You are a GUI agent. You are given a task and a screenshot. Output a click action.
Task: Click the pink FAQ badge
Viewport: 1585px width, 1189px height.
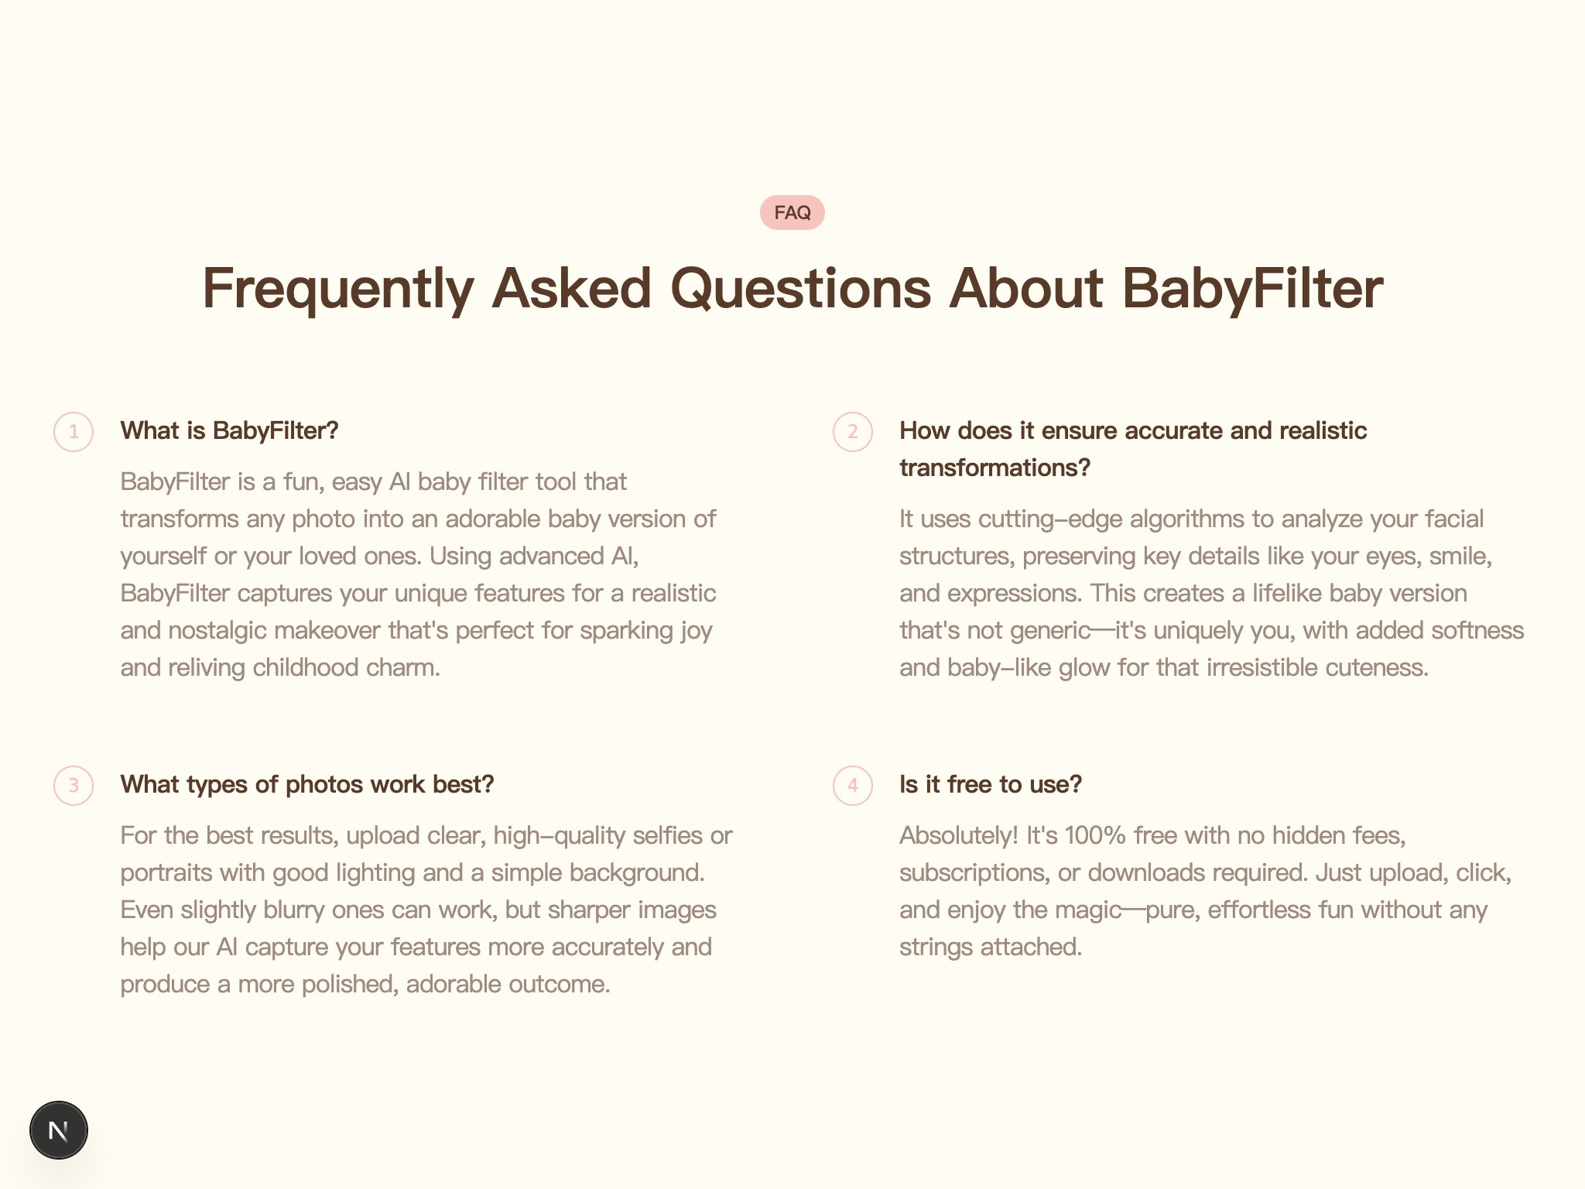(x=792, y=212)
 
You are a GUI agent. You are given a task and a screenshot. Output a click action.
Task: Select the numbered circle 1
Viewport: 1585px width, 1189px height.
(x=74, y=431)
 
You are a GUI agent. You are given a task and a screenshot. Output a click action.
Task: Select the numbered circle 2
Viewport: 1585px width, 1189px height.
(x=853, y=431)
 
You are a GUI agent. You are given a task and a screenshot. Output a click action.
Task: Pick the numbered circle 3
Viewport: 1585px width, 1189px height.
(x=74, y=785)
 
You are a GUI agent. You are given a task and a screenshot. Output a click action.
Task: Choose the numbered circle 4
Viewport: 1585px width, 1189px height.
(x=853, y=785)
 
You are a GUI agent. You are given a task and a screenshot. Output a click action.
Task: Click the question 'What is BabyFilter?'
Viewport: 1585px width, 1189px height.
(x=230, y=431)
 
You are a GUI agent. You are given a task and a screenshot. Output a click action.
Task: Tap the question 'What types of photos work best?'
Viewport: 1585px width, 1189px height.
(x=307, y=785)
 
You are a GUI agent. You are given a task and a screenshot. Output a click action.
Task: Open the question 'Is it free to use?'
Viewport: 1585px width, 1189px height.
(x=991, y=785)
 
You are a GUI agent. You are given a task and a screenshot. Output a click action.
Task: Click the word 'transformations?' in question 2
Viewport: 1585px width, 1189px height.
(x=994, y=468)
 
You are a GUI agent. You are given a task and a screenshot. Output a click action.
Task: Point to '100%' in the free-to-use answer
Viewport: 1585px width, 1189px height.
(x=1095, y=836)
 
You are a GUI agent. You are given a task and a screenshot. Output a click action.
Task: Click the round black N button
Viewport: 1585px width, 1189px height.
(x=59, y=1130)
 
